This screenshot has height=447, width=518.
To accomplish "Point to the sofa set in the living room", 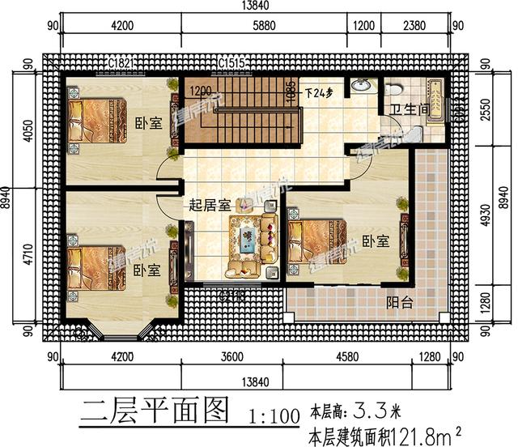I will point(246,241).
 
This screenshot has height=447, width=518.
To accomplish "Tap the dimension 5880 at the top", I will point(264,26).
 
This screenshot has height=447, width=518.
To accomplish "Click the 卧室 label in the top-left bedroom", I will point(148,122).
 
